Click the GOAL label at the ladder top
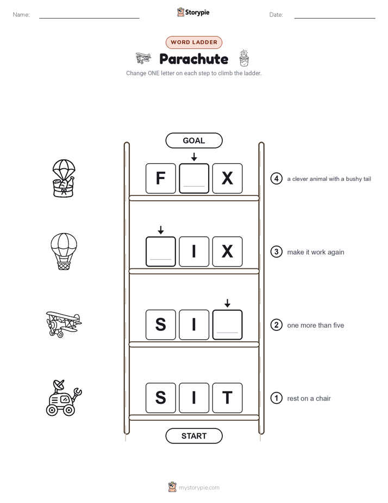pyautogui.click(x=194, y=140)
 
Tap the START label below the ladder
pyautogui.click(x=194, y=436)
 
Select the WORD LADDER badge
pyautogui.click(x=194, y=42)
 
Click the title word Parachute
pyautogui.click(x=193, y=59)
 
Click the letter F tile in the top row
pyautogui.click(x=161, y=179)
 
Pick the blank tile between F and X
pyautogui.click(x=194, y=179)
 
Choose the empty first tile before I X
pyautogui.click(x=161, y=251)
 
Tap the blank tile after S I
pyautogui.click(x=227, y=324)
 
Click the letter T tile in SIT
pyautogui.click(x=227, y=398)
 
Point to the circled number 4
pyautogui.click(x=277, y=179)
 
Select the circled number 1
pyautogui.click(x=277, y=398)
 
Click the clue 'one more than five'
pyautogui.click(x=316, y=326)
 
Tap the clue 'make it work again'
pyautogui.click(x=316, y=252)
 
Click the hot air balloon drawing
pyautogui.click(x=64, y=251)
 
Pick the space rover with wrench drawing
pyautogui.click(x=64, y=398)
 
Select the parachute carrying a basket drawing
pyautogui.click(x=64, y=178)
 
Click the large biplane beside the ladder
pyautogui.click(x=64, y=324)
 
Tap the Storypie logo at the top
pyautogui.click(x=193, y=12)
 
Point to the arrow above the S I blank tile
pyautogui.click(x=227, y=303)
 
